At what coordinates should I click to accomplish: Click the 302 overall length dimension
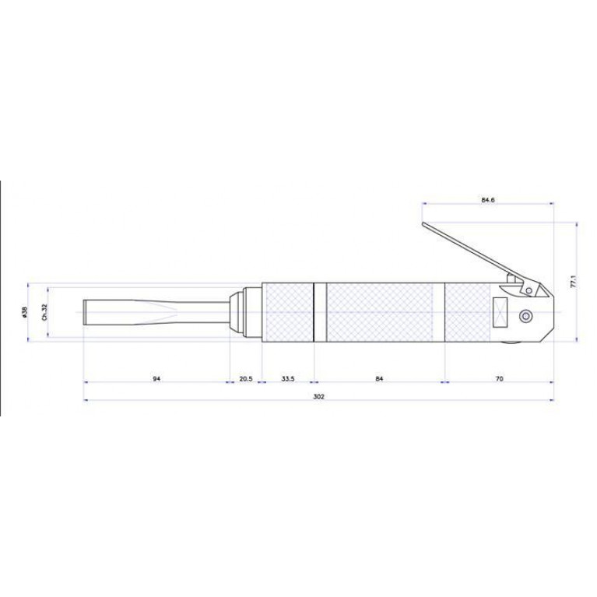click(318, 397)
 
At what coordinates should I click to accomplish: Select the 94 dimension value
click(156, 379)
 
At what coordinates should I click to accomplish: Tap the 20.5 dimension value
click(246, 379)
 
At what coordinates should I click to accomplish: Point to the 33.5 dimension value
click(288, 379)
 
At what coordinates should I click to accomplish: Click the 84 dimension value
click(379, 379)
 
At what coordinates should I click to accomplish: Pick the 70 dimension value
click(500, 379)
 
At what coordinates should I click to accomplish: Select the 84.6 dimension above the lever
click(488, 200)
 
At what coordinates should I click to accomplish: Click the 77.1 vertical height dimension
click(574, 282)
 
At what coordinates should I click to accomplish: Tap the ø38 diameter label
click(25, 312)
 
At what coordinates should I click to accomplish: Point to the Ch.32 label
click(44, 312)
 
